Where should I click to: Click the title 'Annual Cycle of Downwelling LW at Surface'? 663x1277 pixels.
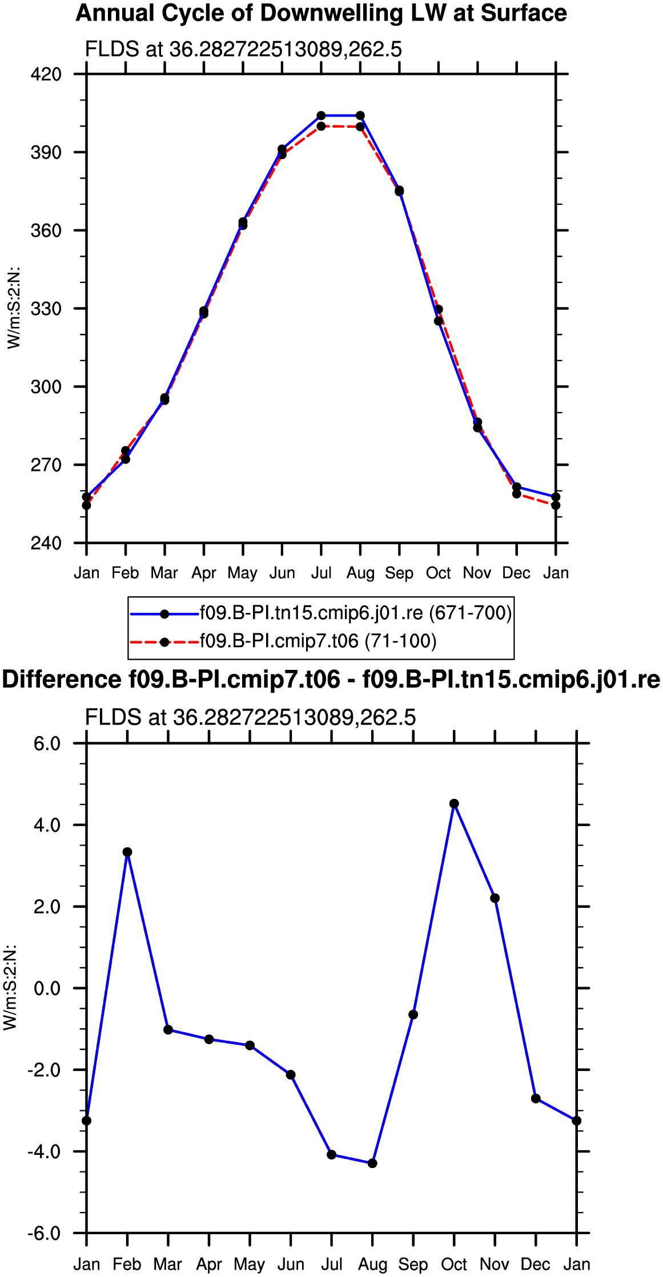tap(321, 13)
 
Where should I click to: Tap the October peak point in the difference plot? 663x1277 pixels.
tap(454, 803)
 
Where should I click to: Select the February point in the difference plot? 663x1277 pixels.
tap(127, 852)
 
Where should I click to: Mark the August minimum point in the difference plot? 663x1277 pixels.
tap(372, 1163)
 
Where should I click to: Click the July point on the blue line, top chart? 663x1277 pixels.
tap(321, 116)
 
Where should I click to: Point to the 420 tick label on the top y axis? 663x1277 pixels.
tap(46, 74)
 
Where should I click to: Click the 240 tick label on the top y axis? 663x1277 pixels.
tap(46, 543)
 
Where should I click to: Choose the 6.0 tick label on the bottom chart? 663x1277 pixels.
tap(47, 743)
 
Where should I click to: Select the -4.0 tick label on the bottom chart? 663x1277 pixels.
tap(44, 1151)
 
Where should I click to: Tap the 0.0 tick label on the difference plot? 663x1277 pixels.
tap(47, 988)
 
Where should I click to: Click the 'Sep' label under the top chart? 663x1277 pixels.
tap(399, 573)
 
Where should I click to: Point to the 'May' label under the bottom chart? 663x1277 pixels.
tap(250, 1264)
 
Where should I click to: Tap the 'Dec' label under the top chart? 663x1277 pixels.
tap(516, 573)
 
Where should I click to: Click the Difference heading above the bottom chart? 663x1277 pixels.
tap(331, 680)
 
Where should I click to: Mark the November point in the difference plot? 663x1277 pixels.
tap(495, 898)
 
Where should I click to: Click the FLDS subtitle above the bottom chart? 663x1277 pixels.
tap(250, 717)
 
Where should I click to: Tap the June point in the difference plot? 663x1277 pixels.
tap(291, 1074)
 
